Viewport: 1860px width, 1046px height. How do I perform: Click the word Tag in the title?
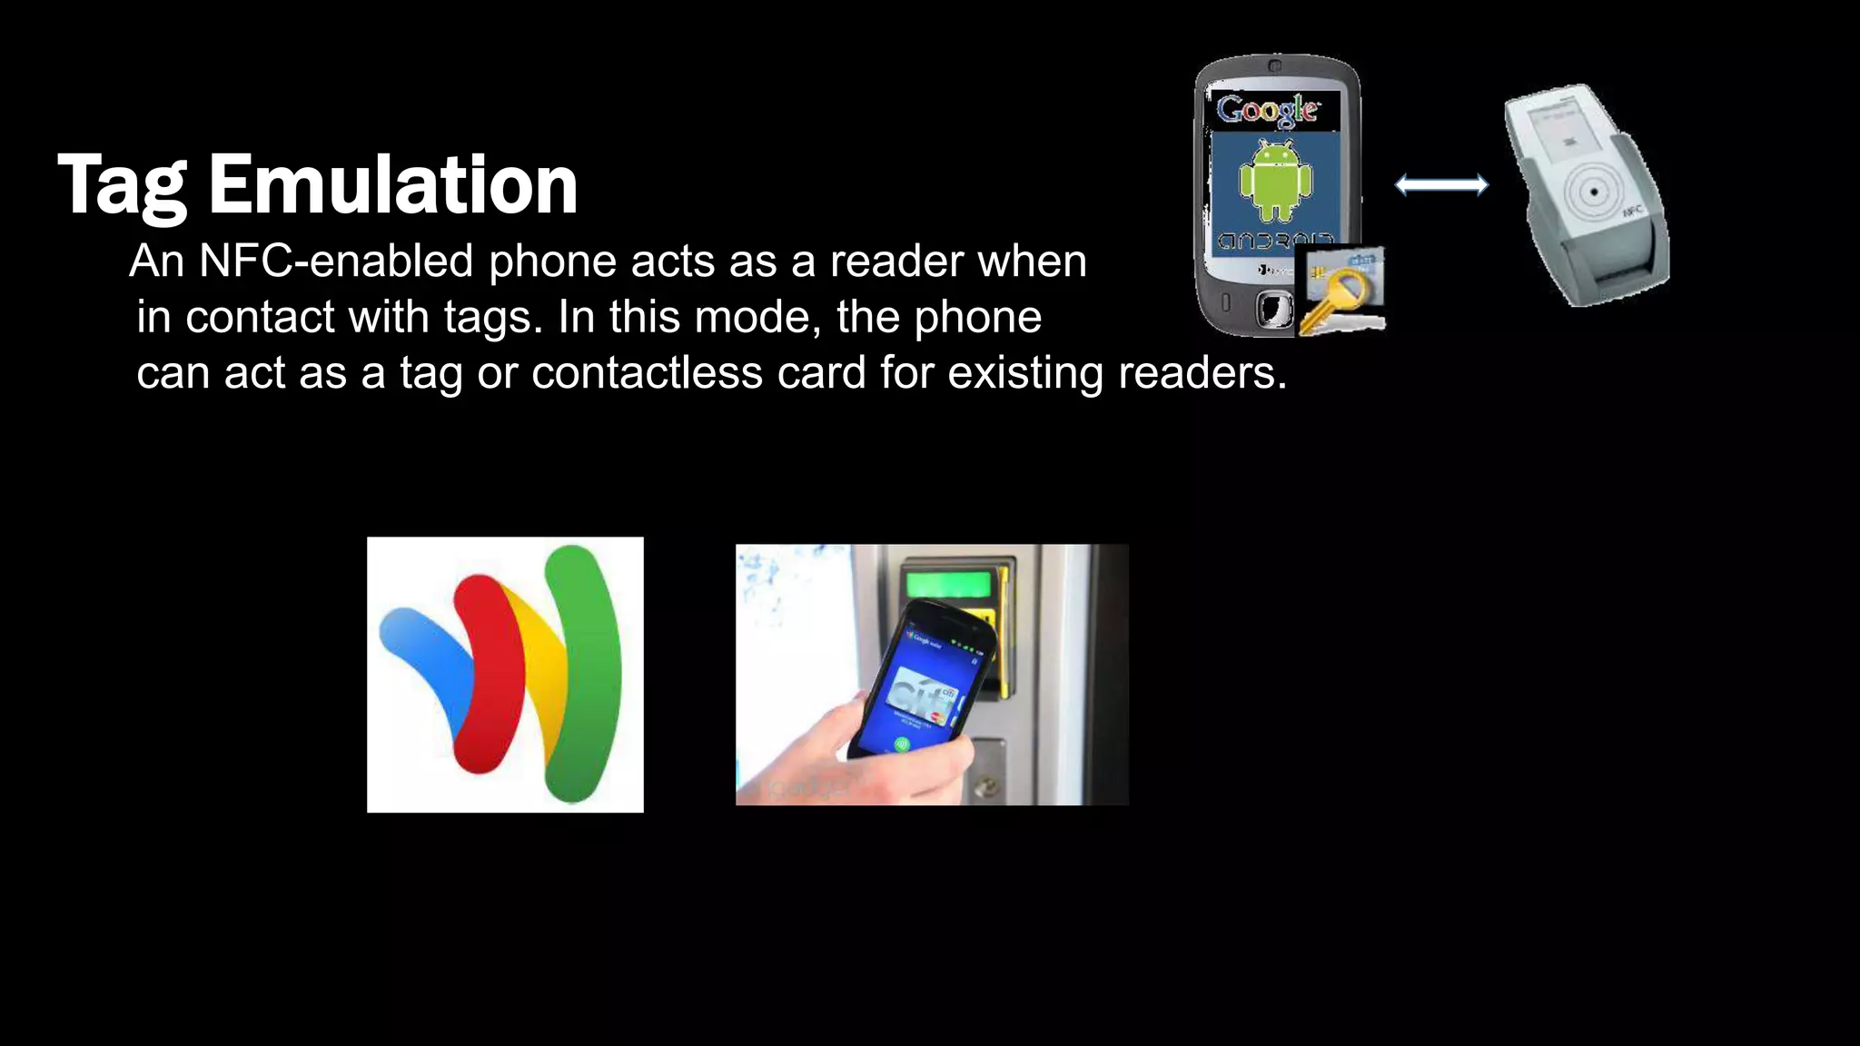click(123, 186)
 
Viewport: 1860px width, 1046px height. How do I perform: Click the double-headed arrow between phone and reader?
click(1441, 185)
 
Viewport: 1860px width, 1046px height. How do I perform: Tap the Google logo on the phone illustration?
click(1268, 111)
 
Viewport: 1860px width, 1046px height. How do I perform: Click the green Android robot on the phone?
click(1275, 179)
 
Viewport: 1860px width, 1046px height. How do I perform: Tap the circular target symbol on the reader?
click(1593, 192)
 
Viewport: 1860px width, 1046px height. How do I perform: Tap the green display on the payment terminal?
click(950, 581)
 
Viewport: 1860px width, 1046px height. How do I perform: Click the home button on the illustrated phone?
click(1273, 309)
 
